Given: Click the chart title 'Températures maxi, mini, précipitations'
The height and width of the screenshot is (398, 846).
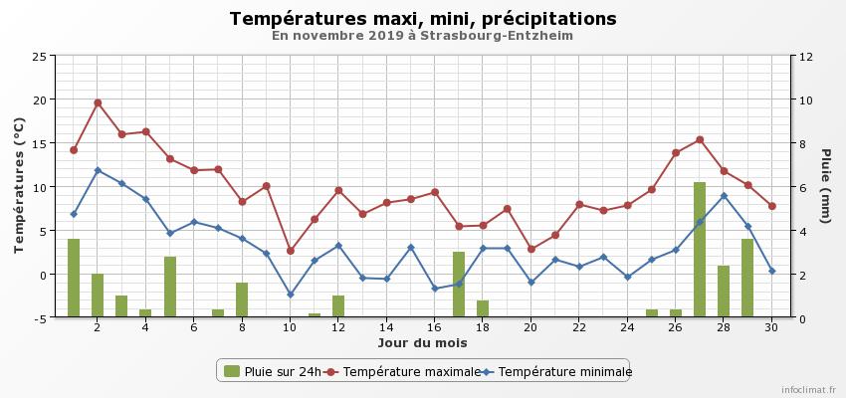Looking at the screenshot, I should [422, 19].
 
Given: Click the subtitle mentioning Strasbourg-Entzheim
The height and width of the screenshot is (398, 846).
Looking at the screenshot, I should [422, 36].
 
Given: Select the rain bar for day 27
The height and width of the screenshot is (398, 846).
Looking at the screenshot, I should [700, 250].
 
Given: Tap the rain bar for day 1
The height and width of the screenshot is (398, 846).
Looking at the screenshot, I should [74, 278].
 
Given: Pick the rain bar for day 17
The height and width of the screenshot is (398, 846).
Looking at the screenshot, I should [459, 285].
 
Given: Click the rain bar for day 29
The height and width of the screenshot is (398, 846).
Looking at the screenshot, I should [747, 278].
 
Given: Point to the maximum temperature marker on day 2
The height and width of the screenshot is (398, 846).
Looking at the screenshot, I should [98, 102].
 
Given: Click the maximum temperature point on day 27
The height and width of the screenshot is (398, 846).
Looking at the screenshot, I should [700, 139].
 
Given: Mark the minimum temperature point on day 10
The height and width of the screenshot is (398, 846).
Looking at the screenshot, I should [291, 295].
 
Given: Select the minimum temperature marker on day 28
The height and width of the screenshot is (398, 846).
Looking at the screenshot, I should [724, 196].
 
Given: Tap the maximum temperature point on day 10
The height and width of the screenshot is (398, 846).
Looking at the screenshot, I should [291, 251].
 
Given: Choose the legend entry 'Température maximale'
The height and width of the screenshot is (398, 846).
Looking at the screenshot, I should [395, 371].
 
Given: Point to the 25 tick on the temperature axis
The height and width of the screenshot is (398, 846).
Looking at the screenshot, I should [39, 57].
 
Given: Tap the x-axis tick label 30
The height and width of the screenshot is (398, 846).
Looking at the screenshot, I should [771, 327].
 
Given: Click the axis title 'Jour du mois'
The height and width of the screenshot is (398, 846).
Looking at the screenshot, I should [422, 343].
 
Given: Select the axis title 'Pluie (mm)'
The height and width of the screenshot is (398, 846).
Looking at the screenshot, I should [825, 186].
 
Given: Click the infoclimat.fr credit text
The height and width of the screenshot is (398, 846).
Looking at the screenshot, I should [808, 391].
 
